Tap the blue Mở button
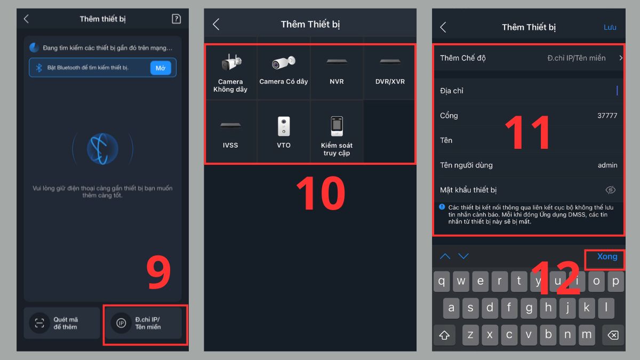point(161,68)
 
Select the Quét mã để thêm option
point(62,323)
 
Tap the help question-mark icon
point(177,19)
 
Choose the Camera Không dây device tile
point(230,73)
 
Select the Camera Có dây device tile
point(283,73)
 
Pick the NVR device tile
point(337,73)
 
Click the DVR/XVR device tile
point(390,73)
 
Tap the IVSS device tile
point(230,131)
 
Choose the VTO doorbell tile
point(283,131)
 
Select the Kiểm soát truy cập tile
point(337,131)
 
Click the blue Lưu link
point(610,27)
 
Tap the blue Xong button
point(607,257)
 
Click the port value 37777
point(607,115)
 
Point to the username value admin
point(607,165)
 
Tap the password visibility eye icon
point(611,190)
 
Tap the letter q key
point(442,282)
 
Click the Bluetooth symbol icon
point(39,68)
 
